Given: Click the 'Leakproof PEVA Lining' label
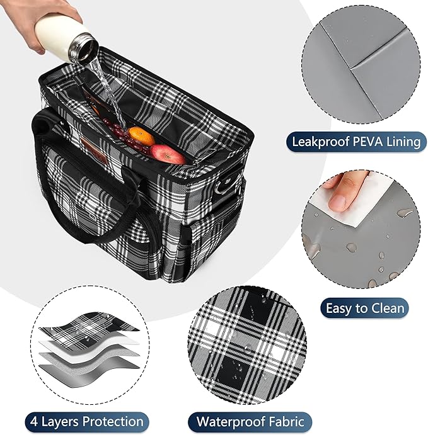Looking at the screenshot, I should tap(355, 141).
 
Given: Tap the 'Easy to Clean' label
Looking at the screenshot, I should tap(365, 308).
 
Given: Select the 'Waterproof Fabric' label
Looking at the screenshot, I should tap(251, 421).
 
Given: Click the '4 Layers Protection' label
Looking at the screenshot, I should tap(85, 421).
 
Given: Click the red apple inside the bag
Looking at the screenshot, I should tap(167, 154).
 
